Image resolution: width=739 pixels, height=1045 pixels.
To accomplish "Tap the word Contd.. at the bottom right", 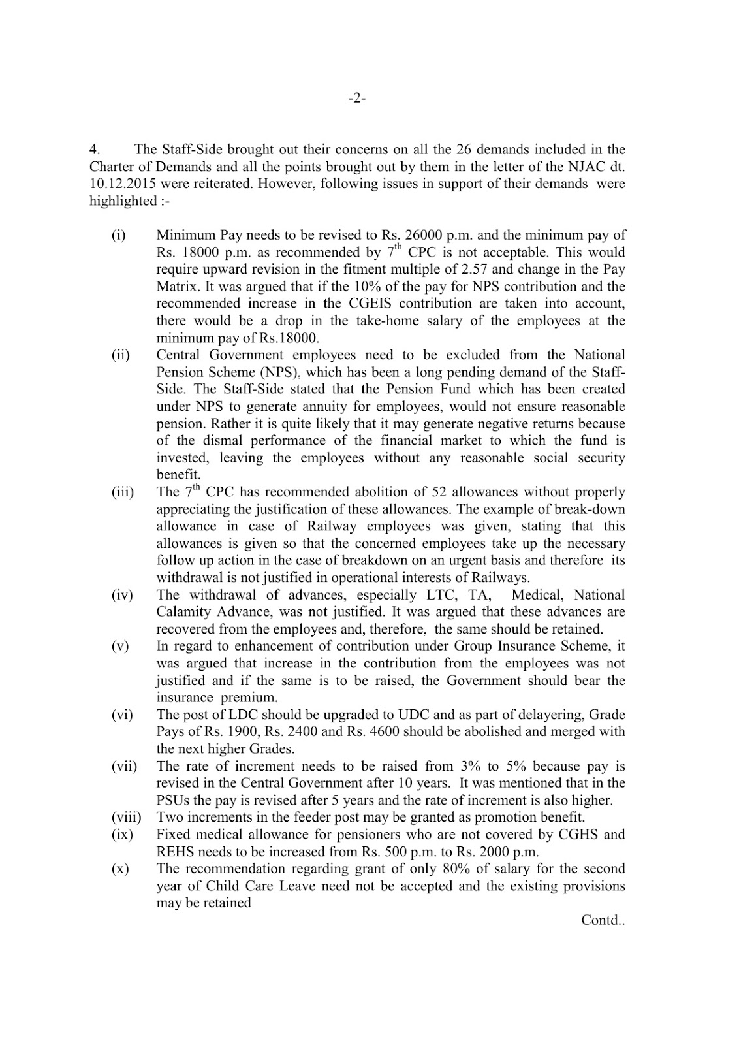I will [x=603, y=920].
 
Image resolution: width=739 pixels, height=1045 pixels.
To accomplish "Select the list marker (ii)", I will [x=120, y=355].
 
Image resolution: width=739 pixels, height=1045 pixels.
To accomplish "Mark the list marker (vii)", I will [x=123, y=766].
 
